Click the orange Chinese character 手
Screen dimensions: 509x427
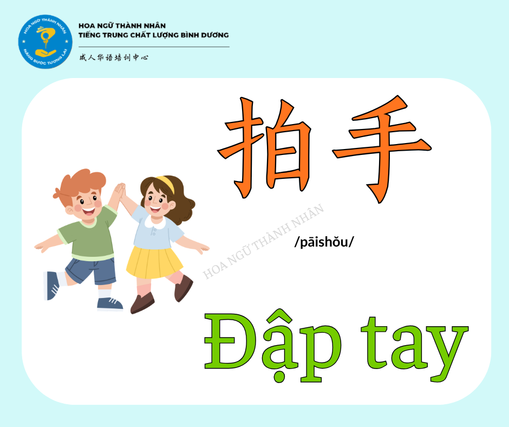click(382, 148)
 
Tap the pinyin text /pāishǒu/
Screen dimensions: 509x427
click(324, 242)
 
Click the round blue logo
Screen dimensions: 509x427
click(45, 42)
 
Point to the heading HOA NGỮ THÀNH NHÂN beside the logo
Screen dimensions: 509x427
click(122, 25)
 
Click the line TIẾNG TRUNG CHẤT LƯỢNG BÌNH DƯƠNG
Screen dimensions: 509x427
click(154, 35)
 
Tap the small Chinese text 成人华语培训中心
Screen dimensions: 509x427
click(114, 57)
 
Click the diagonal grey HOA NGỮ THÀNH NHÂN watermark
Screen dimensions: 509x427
click(263, 242)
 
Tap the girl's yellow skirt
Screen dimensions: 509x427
click(154, 262)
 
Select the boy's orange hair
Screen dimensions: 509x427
click(80, 185)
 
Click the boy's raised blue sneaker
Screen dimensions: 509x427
click(51, 286)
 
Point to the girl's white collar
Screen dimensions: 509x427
click(155, 222)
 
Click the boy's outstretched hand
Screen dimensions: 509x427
click(41, 248)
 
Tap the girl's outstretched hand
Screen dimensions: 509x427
click(203, 248)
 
